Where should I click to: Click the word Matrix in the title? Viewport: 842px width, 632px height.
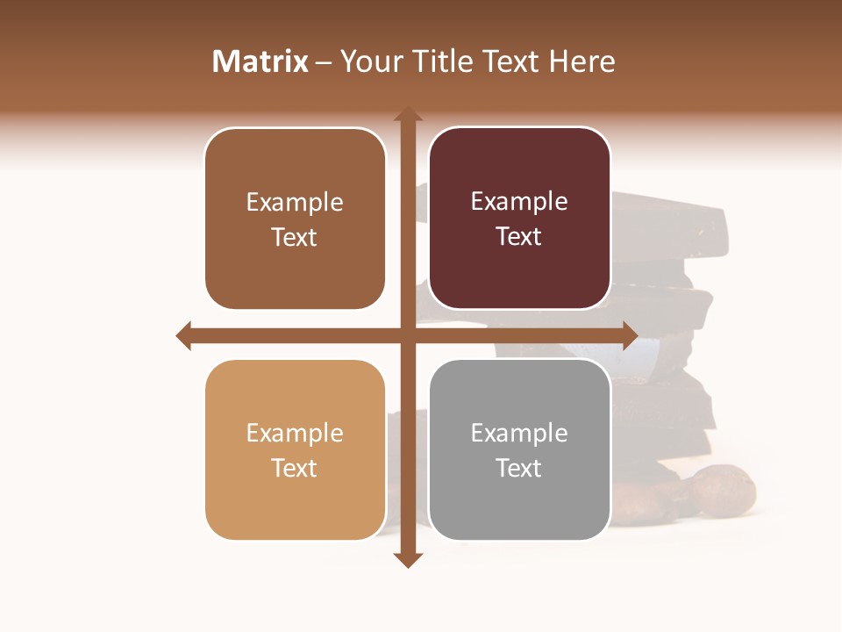click(260, 61)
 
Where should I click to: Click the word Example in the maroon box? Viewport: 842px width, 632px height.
click(519, 202)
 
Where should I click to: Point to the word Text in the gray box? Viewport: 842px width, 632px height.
click(519, 468)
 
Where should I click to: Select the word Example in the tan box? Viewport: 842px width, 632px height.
click(295, 433)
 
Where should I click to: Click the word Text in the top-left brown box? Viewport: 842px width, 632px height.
click(295, 237)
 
